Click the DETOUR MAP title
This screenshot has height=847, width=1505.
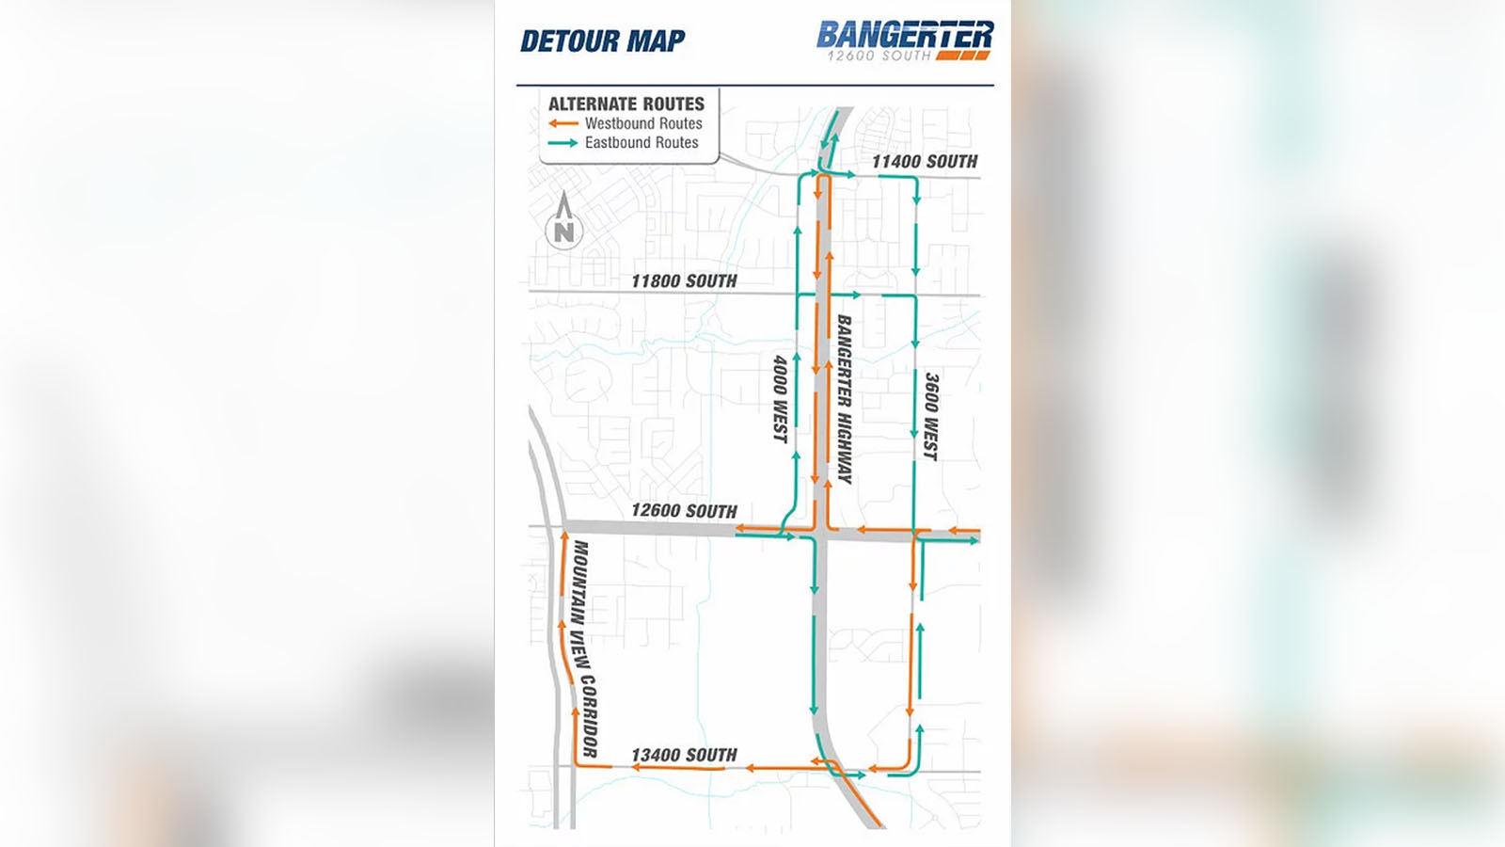click(602, 41)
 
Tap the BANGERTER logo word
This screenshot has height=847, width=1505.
click(904, 35)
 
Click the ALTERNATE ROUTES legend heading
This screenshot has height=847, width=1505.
click(626, 104)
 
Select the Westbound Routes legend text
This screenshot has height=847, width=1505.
click(643, 123)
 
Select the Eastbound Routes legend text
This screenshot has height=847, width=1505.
click(642, 143)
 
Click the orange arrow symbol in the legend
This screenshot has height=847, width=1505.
click(563, 123)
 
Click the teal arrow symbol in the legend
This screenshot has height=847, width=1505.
click(563, 143)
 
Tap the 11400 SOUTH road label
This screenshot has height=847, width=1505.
click(925, 162)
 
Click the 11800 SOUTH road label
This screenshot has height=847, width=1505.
click(684, 280)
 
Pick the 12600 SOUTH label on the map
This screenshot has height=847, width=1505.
click(684, 511)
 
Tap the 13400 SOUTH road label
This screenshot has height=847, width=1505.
click(684, 755)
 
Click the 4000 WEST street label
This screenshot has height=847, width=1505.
click(781, 398)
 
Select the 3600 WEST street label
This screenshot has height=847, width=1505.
click(931, 417)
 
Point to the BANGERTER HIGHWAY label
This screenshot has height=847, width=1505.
click(845, 399)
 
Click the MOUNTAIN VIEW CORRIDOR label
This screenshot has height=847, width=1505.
click(585, 648)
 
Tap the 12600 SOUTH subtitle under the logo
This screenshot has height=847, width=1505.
click(879, 56)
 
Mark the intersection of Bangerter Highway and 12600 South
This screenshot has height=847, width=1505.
click(820, 534)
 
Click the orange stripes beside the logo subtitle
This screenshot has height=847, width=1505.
click(963, 56)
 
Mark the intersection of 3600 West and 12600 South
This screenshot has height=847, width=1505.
click(914, 535)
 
